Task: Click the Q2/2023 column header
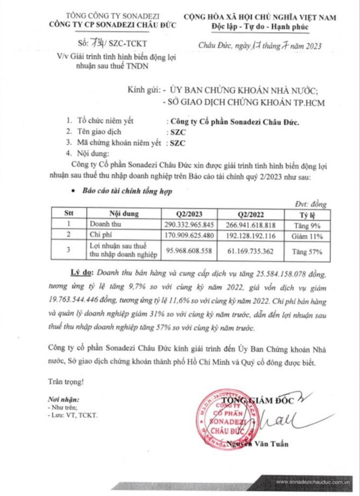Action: pyautogui.click(x=189, y=213)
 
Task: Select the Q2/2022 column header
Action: pyautogui.click(x=251, y=213)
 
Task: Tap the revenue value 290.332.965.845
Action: pyautogui.click(x=189, y=223)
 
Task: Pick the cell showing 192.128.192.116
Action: pyautogui.click(x=251, y=234)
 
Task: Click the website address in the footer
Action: pyautogui.click(x=315, y=482)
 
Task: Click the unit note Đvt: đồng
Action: pyautogui.click(x=311, y=203)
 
